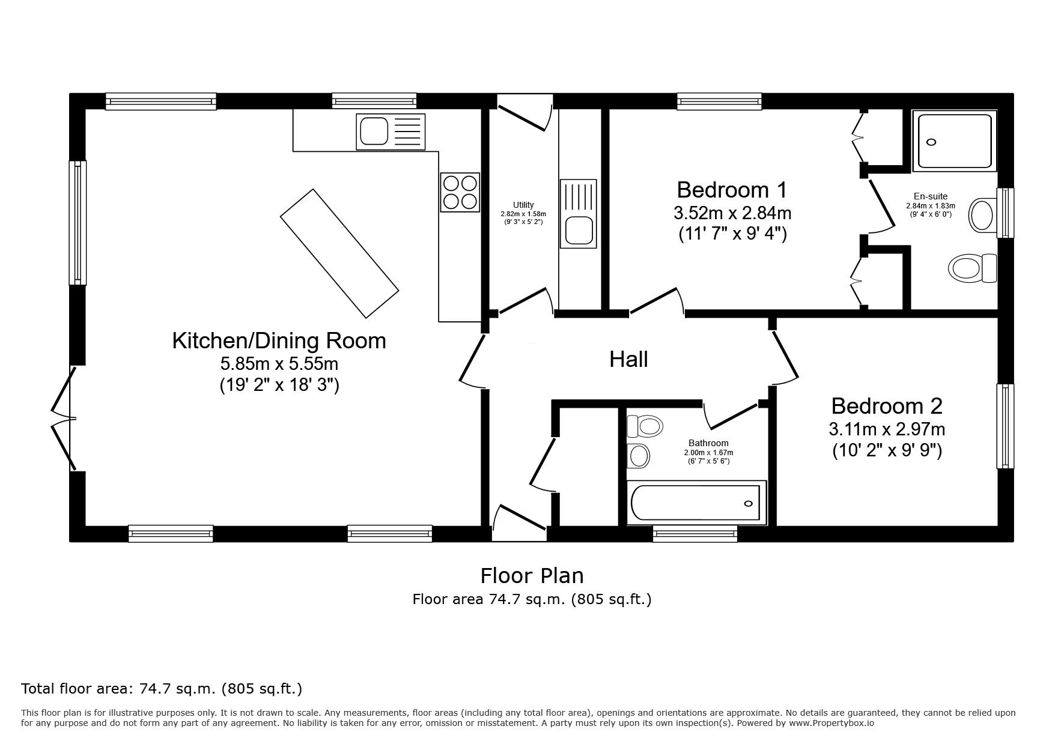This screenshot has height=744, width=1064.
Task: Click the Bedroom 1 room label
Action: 732,190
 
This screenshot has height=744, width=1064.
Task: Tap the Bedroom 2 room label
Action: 887,406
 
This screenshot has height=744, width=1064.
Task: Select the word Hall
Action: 628,359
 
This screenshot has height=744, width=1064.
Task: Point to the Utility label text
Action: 523,205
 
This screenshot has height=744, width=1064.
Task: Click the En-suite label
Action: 931,196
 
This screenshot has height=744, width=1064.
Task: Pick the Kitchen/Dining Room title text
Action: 279,340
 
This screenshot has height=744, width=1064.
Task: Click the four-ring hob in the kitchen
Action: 460,192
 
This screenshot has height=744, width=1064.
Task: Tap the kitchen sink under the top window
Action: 391,132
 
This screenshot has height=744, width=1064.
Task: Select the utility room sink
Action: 578,214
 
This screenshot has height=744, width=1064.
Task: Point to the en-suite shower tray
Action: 955,140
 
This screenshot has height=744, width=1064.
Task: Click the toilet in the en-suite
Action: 972,268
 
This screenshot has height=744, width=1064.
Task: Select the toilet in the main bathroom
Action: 645,426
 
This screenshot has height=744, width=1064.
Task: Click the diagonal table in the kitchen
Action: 339,253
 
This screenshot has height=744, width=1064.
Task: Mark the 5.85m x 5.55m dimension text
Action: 279,364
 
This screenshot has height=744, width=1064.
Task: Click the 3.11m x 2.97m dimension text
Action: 887,429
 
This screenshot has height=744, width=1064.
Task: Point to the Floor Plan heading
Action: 532,576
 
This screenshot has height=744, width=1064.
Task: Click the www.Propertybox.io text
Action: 831,723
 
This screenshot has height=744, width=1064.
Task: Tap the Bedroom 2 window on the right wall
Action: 1005,426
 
